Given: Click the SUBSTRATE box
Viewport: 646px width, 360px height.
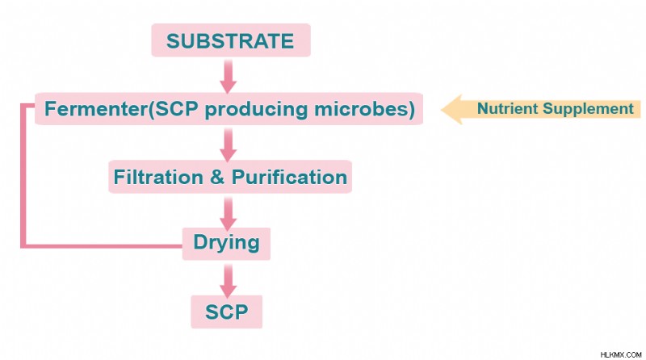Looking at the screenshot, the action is [231, 40].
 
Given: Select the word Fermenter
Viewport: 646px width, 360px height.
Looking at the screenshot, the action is [96, 109].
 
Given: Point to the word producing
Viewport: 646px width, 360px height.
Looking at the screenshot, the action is [256, 110].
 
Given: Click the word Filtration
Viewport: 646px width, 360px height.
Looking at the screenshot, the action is [158, 177].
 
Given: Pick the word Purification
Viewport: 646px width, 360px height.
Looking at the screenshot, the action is [289, 177].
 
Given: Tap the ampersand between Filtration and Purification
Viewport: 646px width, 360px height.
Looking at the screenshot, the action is [217, 177].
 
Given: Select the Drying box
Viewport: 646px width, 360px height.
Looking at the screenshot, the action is [226, 244].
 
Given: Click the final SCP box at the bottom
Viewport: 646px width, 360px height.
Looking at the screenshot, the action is [227, 312].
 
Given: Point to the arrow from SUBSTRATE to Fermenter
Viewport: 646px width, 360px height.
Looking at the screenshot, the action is [228, 76].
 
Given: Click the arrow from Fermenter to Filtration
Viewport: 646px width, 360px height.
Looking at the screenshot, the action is [228, 144].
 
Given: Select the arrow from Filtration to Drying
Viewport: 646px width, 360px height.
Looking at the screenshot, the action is [228, 213].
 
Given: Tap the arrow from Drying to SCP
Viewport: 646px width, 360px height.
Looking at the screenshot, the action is [228, 281].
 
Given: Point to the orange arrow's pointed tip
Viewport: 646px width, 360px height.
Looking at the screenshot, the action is [441, 110].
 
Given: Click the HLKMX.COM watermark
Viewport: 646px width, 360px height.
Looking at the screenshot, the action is [621, 354].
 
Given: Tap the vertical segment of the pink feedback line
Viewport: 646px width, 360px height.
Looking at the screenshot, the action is [23, 176].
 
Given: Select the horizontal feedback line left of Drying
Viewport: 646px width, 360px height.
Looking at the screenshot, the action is [102, 246].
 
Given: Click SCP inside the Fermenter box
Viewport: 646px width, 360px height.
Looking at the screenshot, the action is [176, 109].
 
